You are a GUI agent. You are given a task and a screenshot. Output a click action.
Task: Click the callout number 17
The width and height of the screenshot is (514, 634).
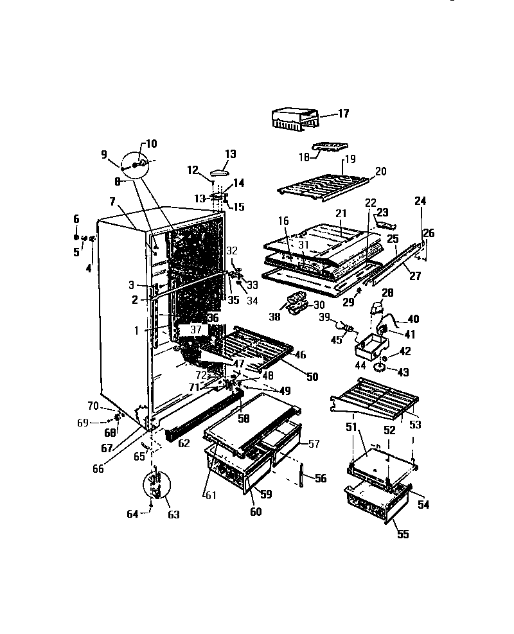pos(343,114)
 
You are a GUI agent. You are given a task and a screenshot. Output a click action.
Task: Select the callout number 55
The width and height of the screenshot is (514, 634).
pos(402,534)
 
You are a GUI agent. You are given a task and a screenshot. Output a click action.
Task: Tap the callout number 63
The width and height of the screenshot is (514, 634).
pos(173,514)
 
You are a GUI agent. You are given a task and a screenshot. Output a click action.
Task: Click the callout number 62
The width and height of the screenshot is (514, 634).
pos(184,443)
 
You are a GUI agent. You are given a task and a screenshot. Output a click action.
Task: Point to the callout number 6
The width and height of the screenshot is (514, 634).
pos(76,219)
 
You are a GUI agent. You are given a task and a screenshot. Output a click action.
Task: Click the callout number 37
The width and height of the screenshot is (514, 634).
pos(196,330)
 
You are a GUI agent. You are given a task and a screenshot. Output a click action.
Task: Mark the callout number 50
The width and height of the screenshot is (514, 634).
pos(312,377)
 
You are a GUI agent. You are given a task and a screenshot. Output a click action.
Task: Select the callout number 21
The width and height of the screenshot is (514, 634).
pos(341,213)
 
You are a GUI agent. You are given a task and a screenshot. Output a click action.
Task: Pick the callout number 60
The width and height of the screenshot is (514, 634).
pos(256,512)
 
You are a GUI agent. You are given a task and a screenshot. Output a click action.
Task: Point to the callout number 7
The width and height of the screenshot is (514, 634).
pos(113,202)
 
